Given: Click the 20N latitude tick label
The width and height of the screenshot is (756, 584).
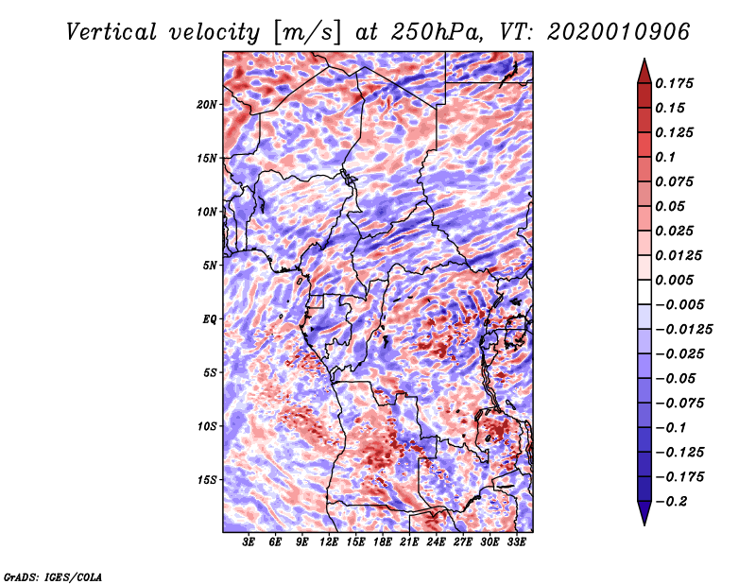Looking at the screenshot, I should pyautogui.click(x=207, y=104).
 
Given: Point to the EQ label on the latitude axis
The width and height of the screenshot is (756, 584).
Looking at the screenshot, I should pyautogui.click(x=209, y=319).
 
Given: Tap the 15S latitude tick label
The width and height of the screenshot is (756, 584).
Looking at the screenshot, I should pyautogui.click(x=207, y=480).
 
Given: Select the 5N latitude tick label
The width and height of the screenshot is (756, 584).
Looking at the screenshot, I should pyautogui.click(x=209, y=266).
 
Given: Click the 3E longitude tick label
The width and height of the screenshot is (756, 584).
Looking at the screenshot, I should pyautogui.click(x=249, y=542).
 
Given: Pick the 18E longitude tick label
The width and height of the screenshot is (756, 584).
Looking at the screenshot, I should pyautogui.click(x=383, y=542).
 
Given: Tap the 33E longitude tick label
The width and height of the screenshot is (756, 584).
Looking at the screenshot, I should pyautogui.click(x=516, y=542).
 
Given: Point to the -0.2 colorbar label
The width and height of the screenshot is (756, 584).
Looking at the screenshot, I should pyautogui.click(x=675, y=501).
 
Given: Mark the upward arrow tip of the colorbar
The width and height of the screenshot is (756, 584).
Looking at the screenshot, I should pyautogui.click(x=644, y=60).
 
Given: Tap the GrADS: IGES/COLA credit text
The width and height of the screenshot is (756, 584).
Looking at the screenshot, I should pyautogui.click(x=52, y=575).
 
